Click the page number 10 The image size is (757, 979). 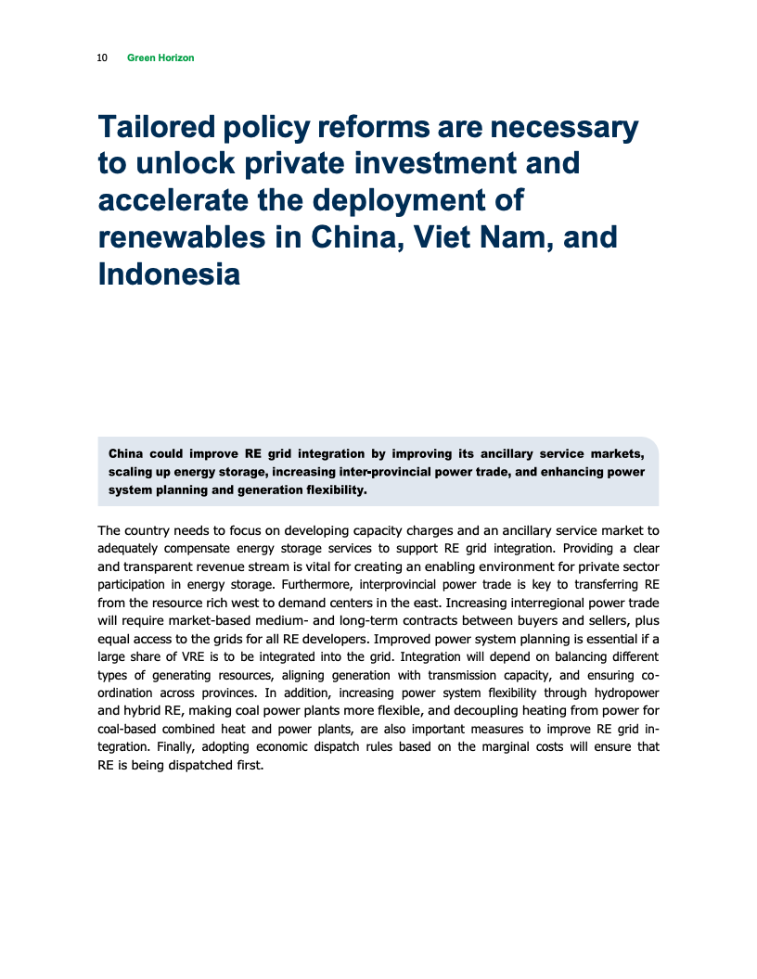click(x=101, y=57)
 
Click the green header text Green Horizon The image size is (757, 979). click(x=160, y=57)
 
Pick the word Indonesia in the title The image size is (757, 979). click(x=169, y=274)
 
